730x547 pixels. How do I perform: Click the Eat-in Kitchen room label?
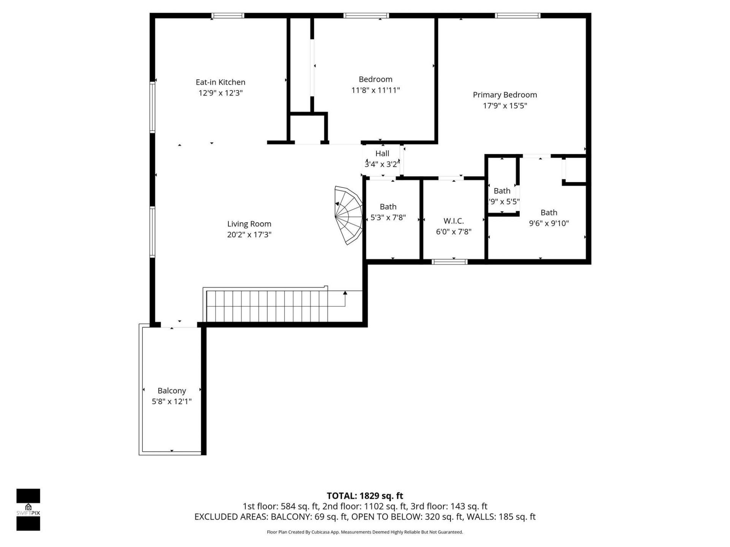click(220, 82)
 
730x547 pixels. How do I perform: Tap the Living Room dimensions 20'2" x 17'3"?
click(249, 235)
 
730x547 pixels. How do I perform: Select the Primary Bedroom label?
click(505, 95)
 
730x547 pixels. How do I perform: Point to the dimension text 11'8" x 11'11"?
click(375, 90)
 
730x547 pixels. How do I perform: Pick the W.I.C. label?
click(454, 221)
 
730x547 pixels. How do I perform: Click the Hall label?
click(382, 153)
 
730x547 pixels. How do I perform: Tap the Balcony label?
click(171, 390)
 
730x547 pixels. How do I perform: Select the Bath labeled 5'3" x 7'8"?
click(388, 207)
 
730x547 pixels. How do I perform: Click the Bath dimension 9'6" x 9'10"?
click(549, 223)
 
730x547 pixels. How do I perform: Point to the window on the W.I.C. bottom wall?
click(449, 261)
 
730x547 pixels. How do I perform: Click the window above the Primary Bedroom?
click(517, 16)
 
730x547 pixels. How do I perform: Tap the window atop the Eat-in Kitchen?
click(228, 16)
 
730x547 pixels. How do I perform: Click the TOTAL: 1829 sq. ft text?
click(365, 496)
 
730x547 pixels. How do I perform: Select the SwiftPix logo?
click(28, 509)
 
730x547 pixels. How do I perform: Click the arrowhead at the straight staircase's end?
click(345, 293)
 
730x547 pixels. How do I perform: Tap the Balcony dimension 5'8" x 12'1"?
click(171, 402)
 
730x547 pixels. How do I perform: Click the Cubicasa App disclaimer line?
click(365, 532)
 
